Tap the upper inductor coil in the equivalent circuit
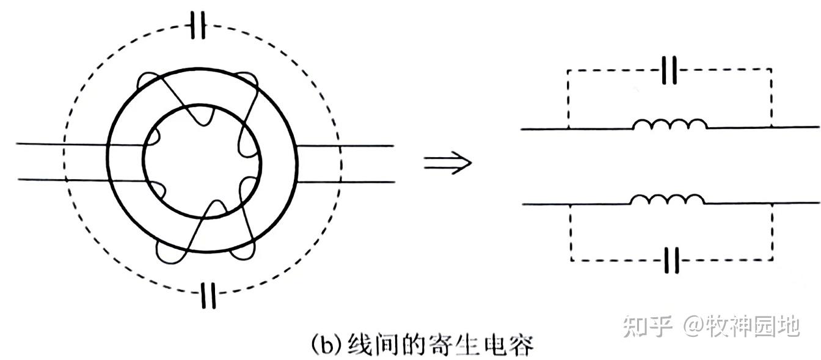(670, 125)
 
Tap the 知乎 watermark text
(648, 326)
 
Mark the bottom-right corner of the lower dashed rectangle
(772, 261)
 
